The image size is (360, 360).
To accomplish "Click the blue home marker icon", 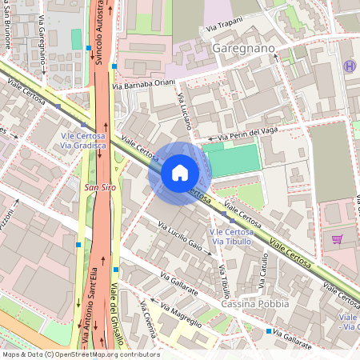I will [179, 172].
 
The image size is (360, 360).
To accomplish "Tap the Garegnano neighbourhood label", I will [244, 49].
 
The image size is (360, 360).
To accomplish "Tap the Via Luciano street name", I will [186, 113].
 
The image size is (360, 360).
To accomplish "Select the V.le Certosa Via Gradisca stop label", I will [84, 141].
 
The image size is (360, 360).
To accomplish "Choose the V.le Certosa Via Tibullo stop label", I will [230, 236].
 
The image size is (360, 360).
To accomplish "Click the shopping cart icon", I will [337, 238].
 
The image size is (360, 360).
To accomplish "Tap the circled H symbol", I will [348, 66].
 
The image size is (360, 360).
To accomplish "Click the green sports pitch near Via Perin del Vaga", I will [234, 158].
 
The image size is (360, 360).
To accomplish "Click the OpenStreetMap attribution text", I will [80, 354].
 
